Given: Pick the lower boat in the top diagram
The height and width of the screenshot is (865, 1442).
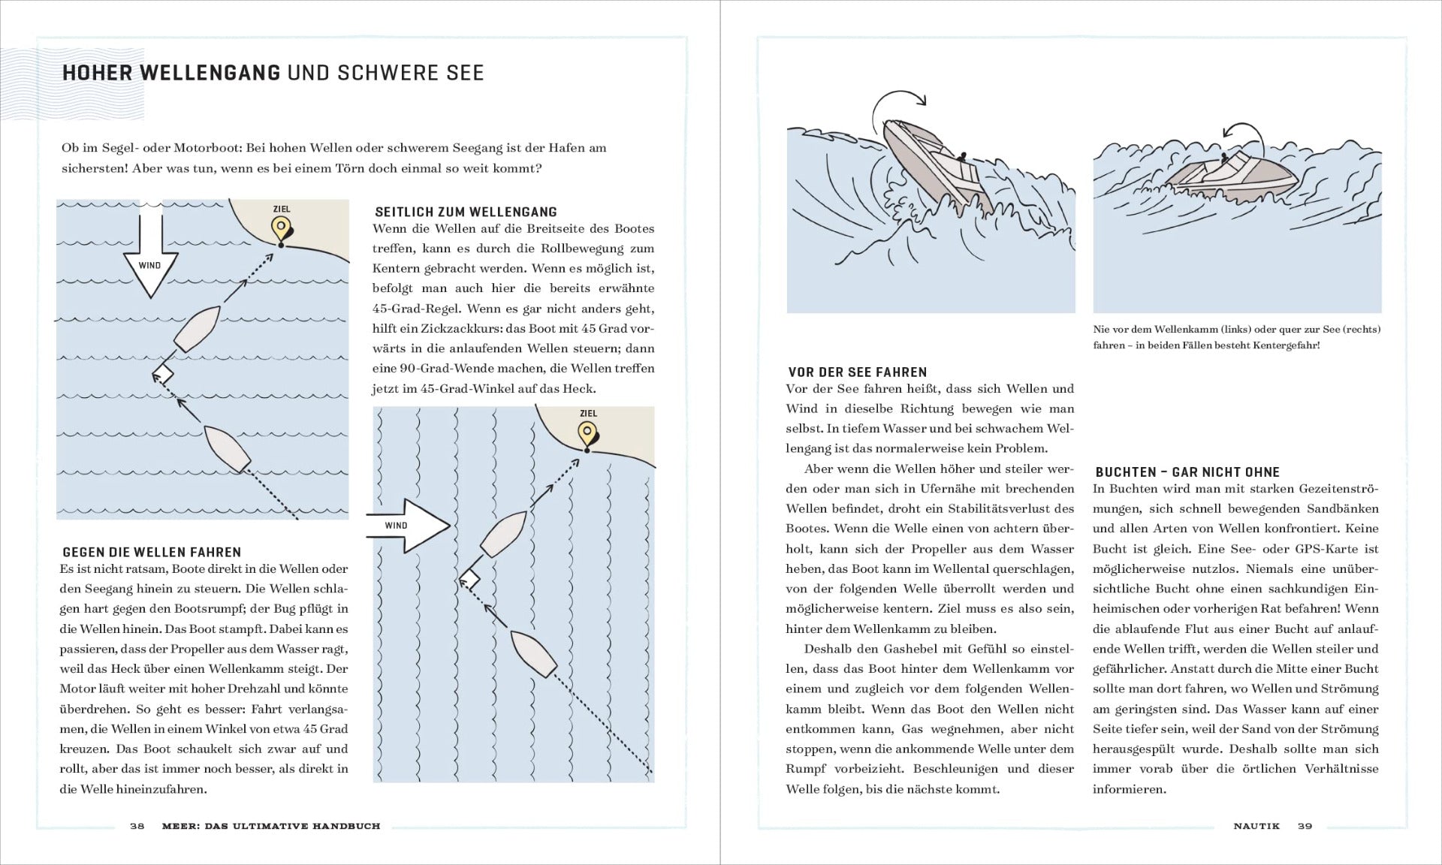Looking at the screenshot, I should (x=227, y=449).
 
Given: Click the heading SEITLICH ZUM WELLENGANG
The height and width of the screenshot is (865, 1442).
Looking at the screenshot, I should (x=466, y=212).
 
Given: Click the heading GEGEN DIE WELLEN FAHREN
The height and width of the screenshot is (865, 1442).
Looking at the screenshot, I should (x=152, y=552).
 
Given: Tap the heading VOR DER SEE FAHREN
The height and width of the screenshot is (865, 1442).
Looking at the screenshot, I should (x=857, y=372).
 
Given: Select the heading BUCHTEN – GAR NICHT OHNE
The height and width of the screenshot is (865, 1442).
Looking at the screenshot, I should (x=1187, y=472).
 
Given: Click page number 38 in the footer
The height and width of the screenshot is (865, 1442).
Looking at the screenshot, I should (x=137, y=826).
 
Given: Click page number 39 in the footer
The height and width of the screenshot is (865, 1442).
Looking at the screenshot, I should (x=1305, y=826).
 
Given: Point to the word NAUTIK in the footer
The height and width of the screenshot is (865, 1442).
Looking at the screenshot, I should (x=1256, y=826).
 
